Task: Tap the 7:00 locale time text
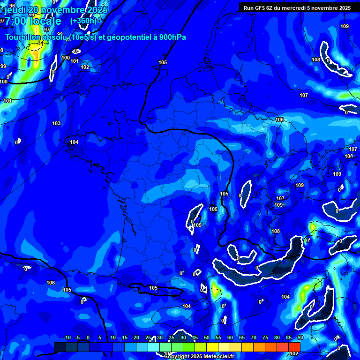click(33, 21)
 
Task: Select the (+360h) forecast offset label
click(83, 21)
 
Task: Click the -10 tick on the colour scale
click(67, 337)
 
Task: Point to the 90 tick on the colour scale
click(300, 337)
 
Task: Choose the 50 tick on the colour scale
click(207, 337)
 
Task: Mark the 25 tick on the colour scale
click(148, 337)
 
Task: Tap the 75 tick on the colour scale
click(265, 337)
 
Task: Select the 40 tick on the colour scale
click(183, 337)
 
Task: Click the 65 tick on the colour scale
click(242, 337)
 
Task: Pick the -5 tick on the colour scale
click(77, 337)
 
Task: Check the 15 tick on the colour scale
click(125, 337)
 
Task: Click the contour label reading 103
click(56, 123)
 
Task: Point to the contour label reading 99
click(3, 66)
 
